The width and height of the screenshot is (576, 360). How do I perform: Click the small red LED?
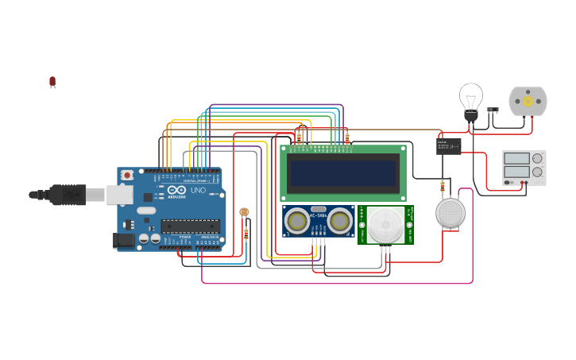52,81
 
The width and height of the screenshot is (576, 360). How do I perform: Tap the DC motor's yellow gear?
528,102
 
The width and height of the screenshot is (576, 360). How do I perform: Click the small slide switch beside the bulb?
493,110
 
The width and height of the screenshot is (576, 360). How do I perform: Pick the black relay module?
448,146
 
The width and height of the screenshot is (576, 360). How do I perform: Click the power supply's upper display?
516,159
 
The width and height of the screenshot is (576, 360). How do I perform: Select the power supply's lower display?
516,172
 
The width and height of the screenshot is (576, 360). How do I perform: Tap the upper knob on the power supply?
537,159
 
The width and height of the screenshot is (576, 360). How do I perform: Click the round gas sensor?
450,213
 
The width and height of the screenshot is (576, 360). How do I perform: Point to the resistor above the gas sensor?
443,188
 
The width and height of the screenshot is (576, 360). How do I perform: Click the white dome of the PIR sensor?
385,224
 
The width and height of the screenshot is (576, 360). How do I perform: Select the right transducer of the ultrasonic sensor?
340,220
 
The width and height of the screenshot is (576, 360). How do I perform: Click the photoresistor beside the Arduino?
244,213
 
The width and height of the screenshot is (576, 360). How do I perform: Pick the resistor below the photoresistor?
246,234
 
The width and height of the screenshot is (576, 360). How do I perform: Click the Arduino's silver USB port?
120,194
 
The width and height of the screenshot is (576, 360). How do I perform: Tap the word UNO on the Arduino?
197,190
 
